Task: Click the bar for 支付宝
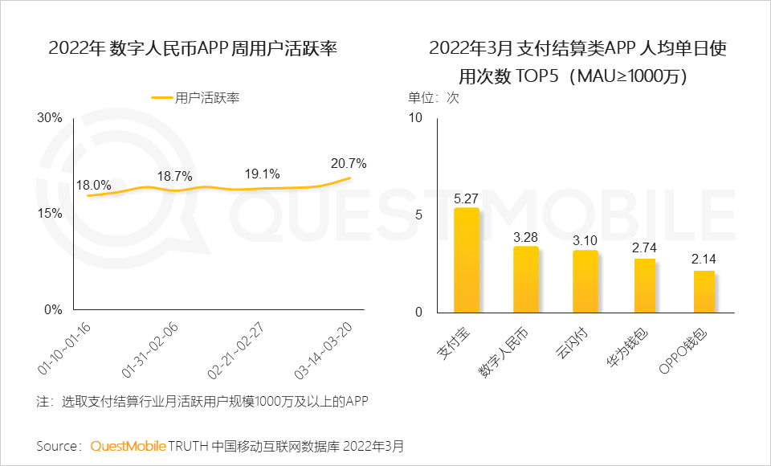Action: click(x=467, y=260)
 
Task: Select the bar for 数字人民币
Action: click(x=526, y=280)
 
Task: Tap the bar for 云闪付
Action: click(x=585, y=281)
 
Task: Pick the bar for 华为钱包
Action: click(x=645, y=285)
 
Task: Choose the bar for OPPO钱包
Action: click(x=704, y=292)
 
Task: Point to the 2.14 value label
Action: click(x=704, y=259)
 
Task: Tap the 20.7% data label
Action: click(x=349, y=163)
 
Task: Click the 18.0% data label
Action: click(x=93, y=185)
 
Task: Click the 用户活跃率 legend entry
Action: click(x=196, y=97)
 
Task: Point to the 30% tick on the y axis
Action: click(x=51, y=118)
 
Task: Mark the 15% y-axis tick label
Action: click(x=51, y=214)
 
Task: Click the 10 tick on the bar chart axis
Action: click(x=415, y=118)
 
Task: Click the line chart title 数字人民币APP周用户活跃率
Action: click(x=193, y=48)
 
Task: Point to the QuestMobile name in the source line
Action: click(x=128, y=445)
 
